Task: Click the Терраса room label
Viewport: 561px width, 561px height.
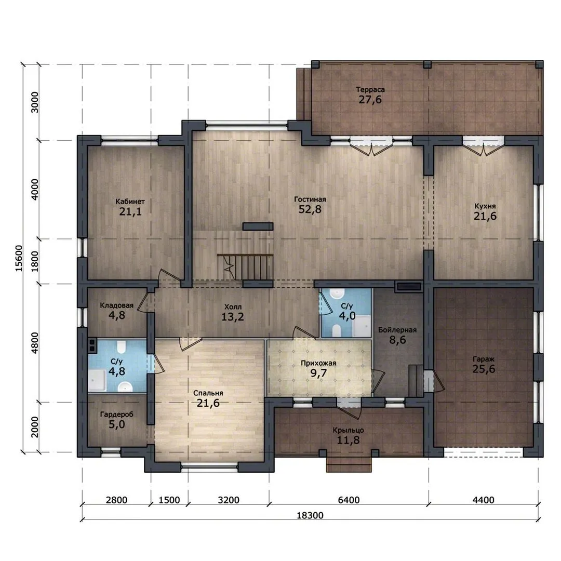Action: tap(370, 89)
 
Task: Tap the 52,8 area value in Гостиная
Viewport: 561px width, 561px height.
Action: tap(310, 209)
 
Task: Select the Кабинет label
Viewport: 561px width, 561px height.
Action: tap(130, 202)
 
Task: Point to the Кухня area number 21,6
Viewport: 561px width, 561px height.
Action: tap(485, 216)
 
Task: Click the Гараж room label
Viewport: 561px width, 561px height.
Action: tap(484, 359)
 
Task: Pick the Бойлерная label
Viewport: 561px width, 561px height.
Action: tap(397, 330)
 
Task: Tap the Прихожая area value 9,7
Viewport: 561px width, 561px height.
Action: tap(318, 373)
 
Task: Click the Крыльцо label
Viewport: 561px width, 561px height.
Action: tap(348, 431)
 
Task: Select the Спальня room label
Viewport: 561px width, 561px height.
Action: tap(208, 393)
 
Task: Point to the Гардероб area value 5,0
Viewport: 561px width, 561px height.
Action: tap(117, 425)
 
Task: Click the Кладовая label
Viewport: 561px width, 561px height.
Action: tap(117, 305)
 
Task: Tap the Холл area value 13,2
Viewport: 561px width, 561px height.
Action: tap(233, 317)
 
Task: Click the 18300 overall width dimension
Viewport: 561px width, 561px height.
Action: tap(310, 515)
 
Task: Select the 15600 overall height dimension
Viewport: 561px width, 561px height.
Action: tap(19, 258)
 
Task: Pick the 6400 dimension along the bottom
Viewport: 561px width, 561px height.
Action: tap(349, 500)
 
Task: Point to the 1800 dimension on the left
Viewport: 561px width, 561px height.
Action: tap(34, 261)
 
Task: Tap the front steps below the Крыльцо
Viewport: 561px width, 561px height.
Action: tap(349, 464)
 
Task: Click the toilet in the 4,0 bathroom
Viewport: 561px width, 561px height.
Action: tap(336, 330)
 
